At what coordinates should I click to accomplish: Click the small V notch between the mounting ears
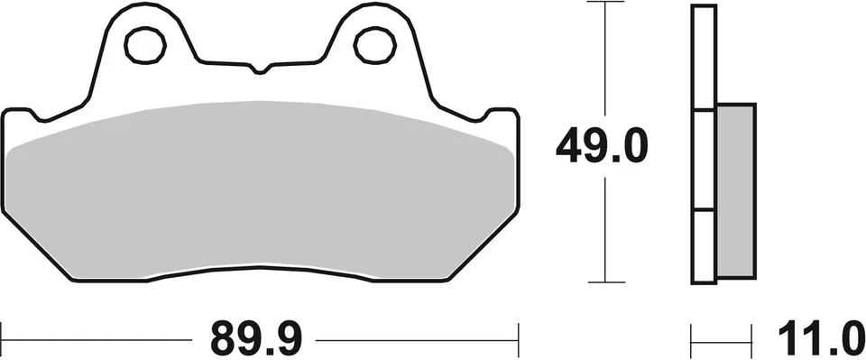click(x=260, y=69)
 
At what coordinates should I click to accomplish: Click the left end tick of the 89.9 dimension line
click(x=3, y=339)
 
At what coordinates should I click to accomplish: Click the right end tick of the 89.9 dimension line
click(x=518, y=339)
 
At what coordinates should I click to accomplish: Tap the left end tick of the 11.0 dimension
click(x=692, y=340)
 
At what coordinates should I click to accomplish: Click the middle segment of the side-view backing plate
click(x=704, y=161)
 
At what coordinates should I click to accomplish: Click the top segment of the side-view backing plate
click(x=704, y=59)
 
